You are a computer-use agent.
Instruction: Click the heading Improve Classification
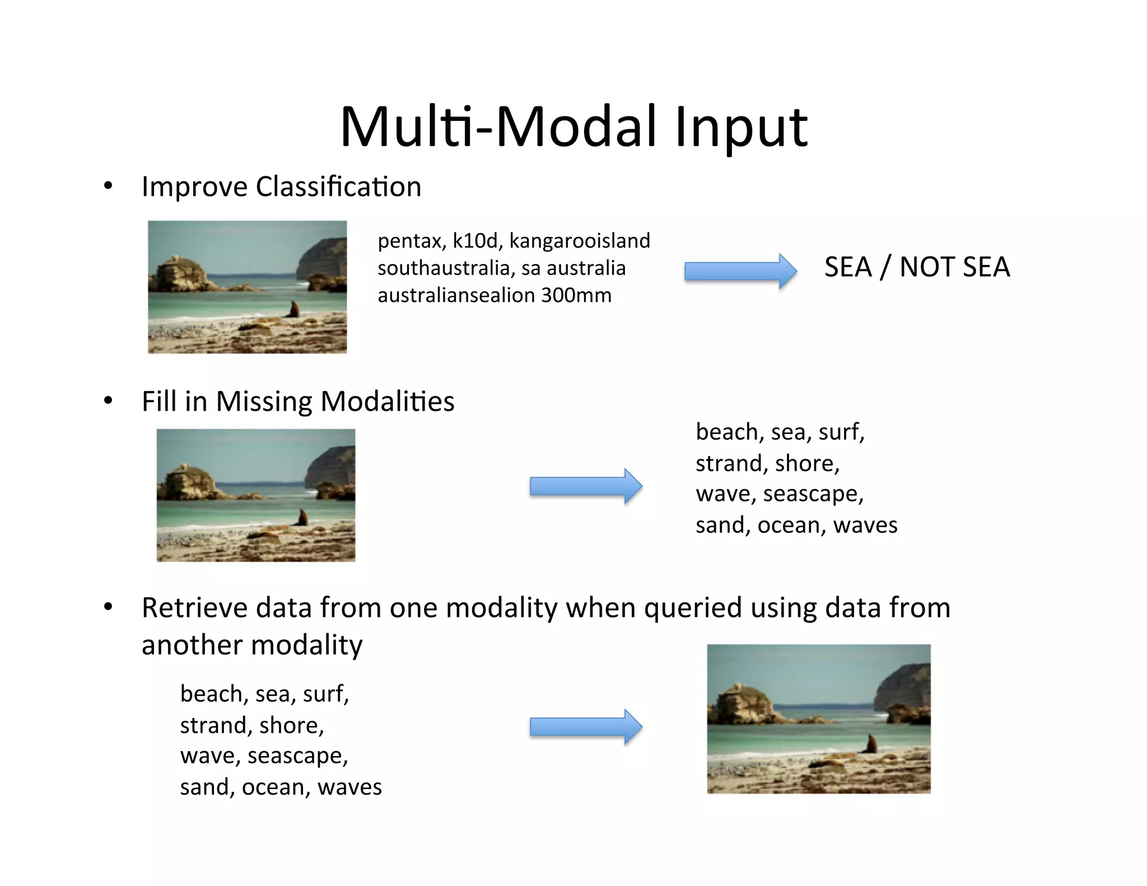(281, 186)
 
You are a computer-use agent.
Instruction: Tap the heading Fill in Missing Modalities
(297, 401)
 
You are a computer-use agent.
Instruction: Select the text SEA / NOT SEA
(917, 267)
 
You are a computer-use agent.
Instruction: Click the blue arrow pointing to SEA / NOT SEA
(740, 272)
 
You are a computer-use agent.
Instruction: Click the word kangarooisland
(579, 241)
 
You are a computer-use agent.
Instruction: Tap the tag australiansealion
(456, 295)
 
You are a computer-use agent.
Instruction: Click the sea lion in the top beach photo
(293, 309)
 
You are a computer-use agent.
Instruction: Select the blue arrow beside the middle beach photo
(585, 486)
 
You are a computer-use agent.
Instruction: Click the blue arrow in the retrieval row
(585, 726)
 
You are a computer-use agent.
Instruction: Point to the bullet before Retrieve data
(108, 607)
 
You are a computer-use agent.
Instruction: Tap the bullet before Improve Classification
(108, 186)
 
